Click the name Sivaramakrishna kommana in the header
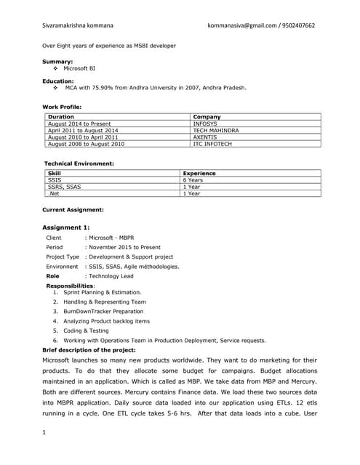pyautogui.click(x=78, y=25)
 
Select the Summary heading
pyautogui.click(x=57, y=62)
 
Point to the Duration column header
pyautogui.click(x=61, y=116)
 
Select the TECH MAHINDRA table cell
pyautogui.click(x=216, y=130)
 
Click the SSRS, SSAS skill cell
pyautogui.click(x=64, y=187)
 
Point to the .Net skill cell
pyautogui.click(x=53, y=194)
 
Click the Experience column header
pyautogui.click(x=199, y=174)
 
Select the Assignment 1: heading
pyautogui.click(x=66, y=227)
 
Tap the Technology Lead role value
pyautogui.click(x=111, y=276)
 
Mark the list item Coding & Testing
pyautogui.click(x=86, y=331)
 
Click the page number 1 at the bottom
pyautogui.click(x=44, y=434)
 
